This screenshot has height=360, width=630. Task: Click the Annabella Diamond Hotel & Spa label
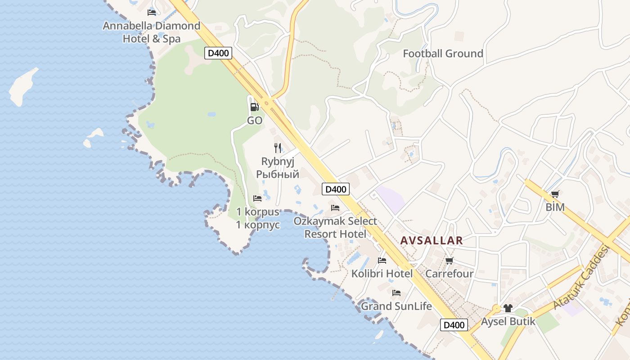[151, 32]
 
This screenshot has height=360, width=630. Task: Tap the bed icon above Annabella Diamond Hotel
[152, 13]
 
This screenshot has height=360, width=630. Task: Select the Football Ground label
[443, 54]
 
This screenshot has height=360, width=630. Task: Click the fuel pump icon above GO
[254, 107]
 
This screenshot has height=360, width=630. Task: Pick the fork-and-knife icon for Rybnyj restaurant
[278, 148]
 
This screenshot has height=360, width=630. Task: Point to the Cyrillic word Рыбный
[278, 174]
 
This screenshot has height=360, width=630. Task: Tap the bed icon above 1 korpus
[257, 198]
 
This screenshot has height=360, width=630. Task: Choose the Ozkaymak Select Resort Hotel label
[335, 227]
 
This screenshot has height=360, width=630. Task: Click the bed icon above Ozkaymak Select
[335, 208]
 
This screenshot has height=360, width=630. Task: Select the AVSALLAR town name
[432, 240]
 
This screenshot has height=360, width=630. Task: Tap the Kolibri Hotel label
[382, 274]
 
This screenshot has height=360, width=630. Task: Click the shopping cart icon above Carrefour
[449, 261]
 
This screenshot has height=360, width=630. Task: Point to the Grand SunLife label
[396, 306]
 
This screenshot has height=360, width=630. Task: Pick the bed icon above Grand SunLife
[396, 293]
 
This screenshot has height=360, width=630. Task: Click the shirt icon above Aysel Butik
[508, 308]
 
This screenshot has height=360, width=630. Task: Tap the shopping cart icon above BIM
[555, 194]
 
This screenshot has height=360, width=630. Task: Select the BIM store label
[555, 207]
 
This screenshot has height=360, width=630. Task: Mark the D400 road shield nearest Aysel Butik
[454, 325]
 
